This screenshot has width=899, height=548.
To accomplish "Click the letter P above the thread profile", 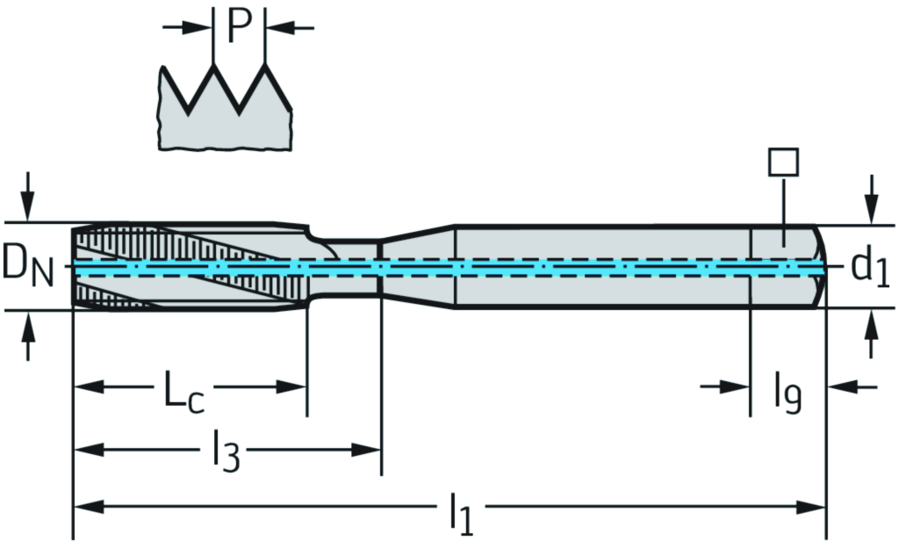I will pyautogui.click(x=239, y=26).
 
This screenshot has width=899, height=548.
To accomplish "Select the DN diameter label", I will pyautogui.click(x=26, y=265).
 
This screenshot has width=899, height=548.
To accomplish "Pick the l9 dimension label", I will pyautogui.click(x=787, y=392).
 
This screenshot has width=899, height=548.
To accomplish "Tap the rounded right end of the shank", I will pyautogui.click(x=819, y=266).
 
